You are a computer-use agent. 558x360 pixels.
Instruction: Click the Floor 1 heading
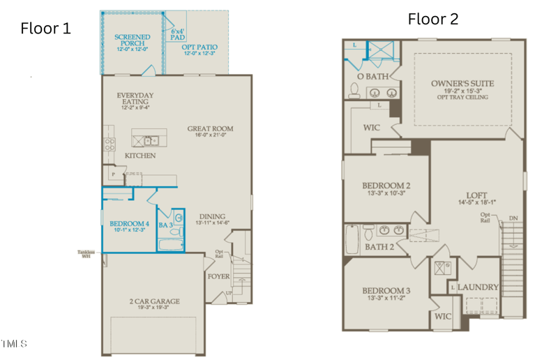pos(45,28)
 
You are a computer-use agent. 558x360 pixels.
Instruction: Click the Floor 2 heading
pos(432,19)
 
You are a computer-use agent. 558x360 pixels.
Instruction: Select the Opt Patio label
pos(199,47)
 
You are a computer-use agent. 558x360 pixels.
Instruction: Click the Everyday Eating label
pos(135,98)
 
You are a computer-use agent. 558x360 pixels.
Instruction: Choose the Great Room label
pos(210,128)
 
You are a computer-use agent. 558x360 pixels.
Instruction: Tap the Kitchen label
pos(139,156)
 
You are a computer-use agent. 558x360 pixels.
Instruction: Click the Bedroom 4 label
pos(129,223)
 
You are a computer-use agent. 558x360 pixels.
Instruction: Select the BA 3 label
pos(165,225)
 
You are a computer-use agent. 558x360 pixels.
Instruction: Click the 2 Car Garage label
pos(154,301)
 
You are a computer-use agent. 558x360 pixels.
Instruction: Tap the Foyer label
pos(218,276)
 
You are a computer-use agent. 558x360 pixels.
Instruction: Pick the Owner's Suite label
pos(462,84)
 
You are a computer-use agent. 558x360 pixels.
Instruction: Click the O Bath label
pos(372,75)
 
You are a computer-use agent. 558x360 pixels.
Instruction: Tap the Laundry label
pos(478,287)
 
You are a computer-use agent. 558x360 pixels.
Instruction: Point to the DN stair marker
pos(513,218)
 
